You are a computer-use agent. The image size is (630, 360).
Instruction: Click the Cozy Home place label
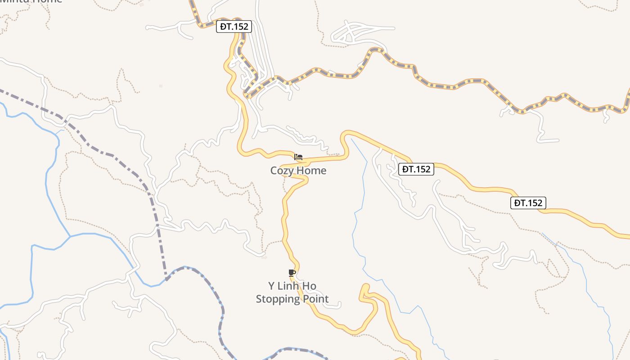tap(298, 171)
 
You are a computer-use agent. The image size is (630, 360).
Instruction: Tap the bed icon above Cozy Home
tap(298, 157)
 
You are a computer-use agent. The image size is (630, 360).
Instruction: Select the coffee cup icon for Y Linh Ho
tap(292, 273)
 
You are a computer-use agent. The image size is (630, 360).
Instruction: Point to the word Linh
tap(291, 286)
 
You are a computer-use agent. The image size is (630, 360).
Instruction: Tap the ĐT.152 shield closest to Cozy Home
tap(416, 169)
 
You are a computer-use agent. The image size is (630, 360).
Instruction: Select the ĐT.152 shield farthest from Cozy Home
tap(528, 203)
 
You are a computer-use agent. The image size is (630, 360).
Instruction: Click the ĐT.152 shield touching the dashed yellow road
tap(234, 27)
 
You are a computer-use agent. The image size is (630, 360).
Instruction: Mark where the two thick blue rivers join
tap(70, 236)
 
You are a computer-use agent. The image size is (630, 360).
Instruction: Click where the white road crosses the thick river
tap(134, 270)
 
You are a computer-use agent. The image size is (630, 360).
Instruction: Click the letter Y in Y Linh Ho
tap(271, 286)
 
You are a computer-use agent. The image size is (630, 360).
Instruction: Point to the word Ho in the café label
tap(310, 286)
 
